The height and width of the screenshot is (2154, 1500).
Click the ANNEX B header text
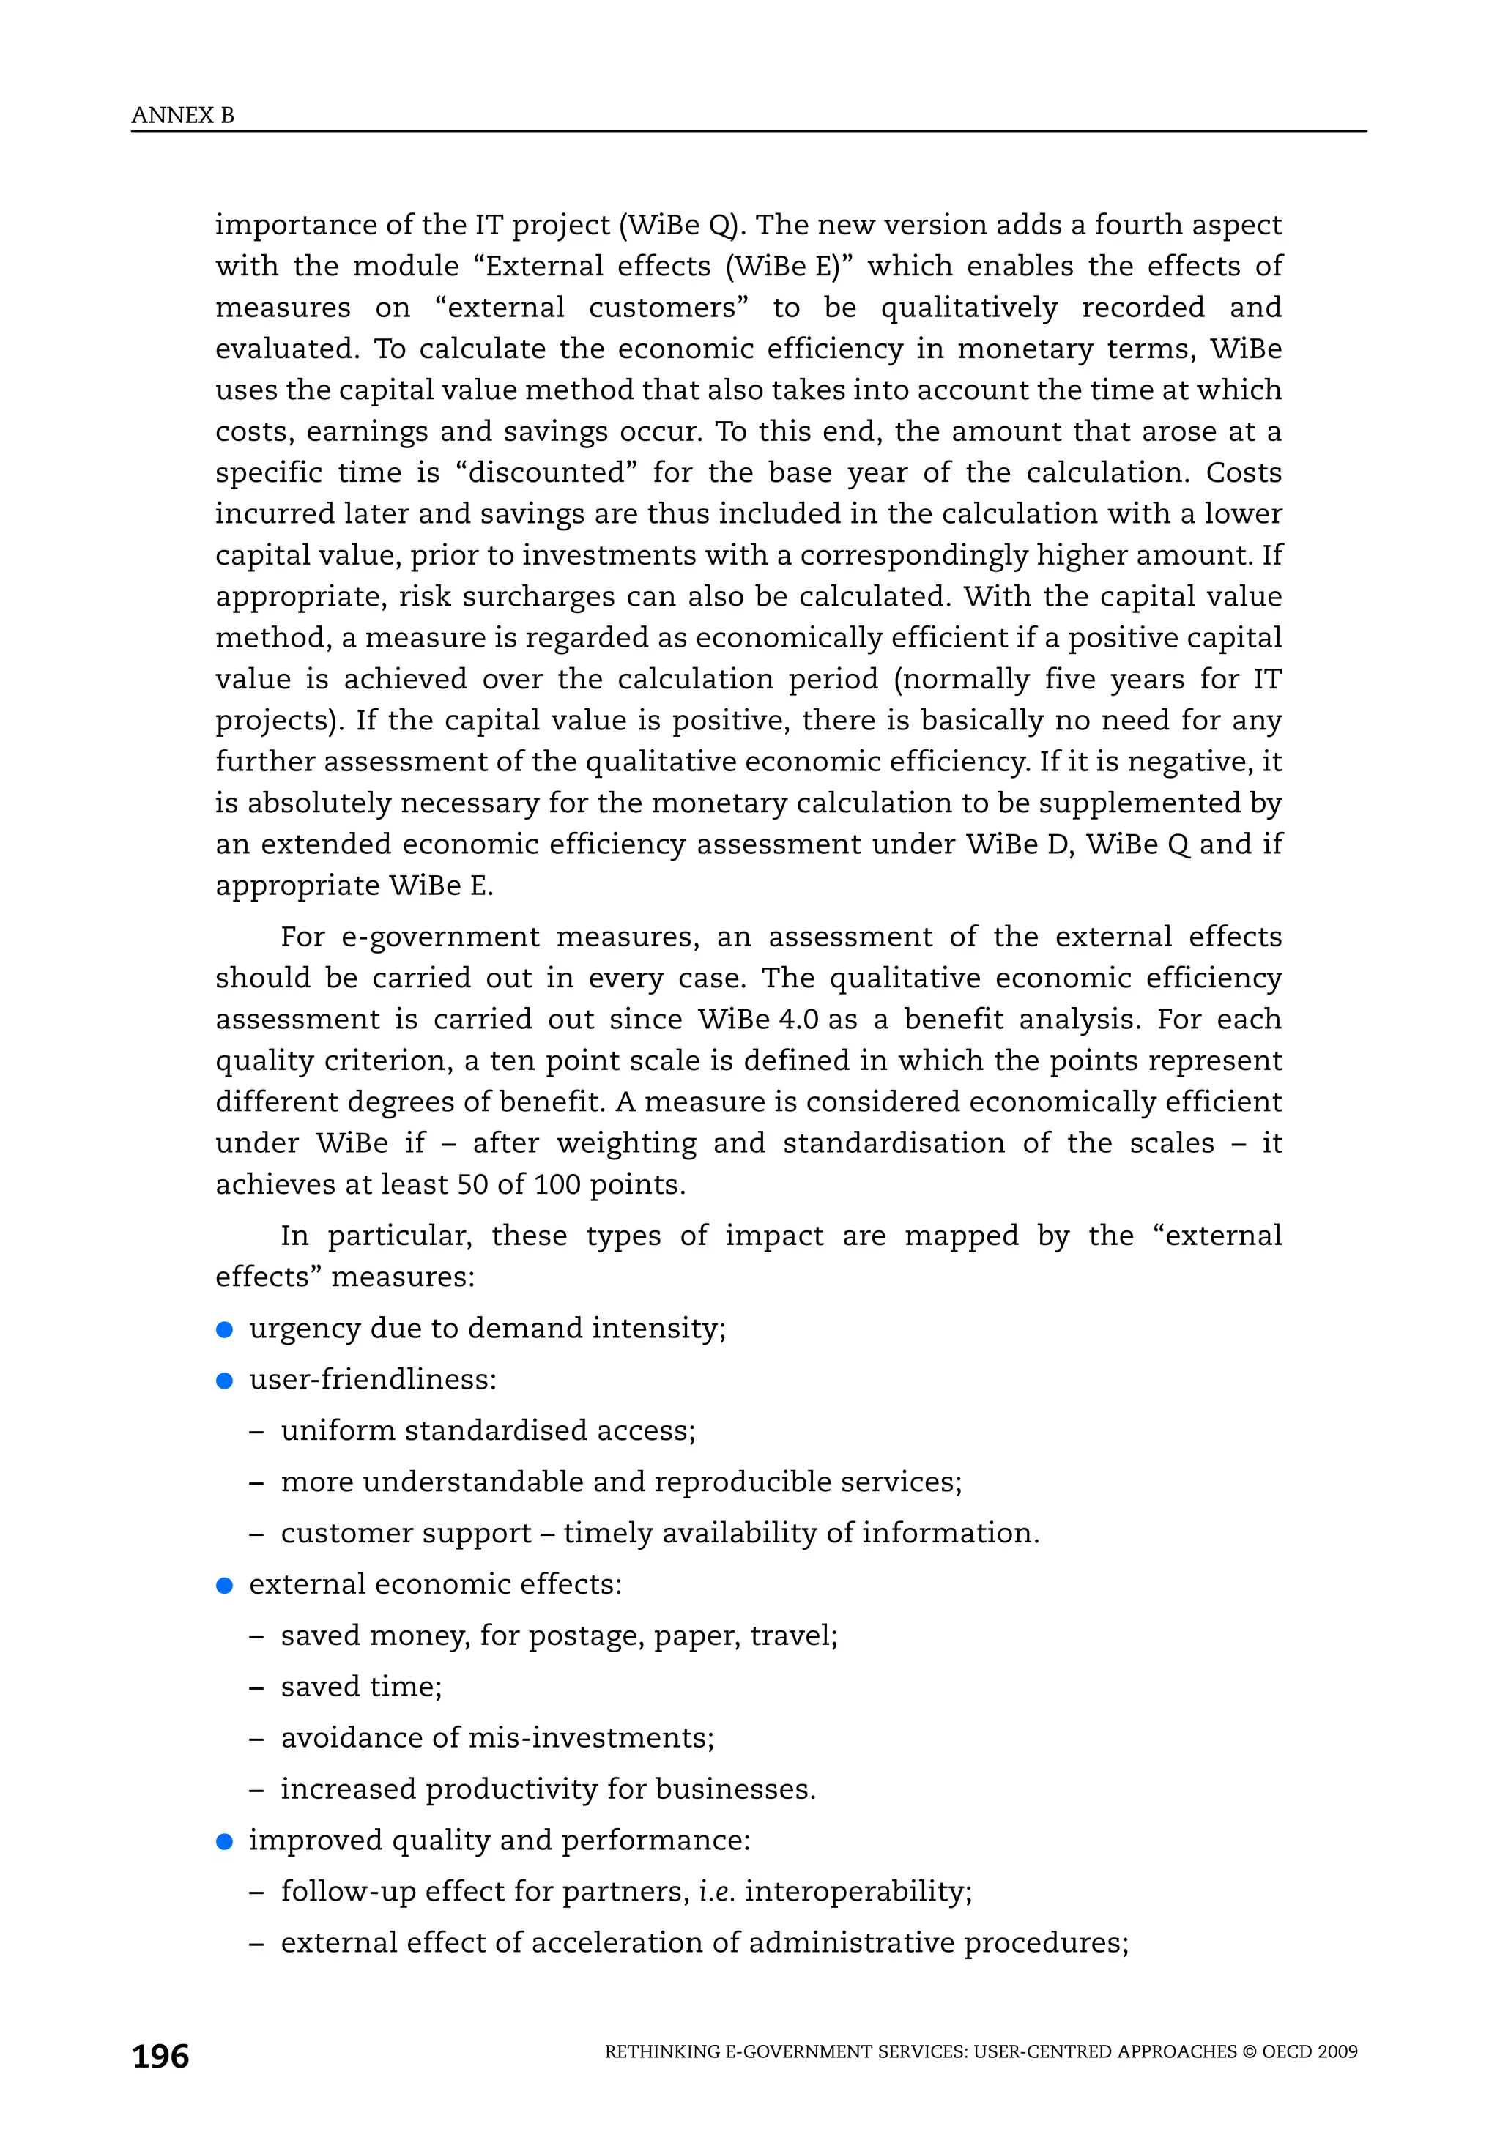pos(183,116)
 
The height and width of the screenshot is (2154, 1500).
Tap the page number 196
pos(160,2057)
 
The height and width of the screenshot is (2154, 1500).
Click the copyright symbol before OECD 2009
pos(1249,2051)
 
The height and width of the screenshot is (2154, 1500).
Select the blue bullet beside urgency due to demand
pos(224,1329)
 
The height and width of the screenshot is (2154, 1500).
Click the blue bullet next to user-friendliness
pos(224,1381)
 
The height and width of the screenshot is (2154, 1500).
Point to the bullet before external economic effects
pos(224,1586)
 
